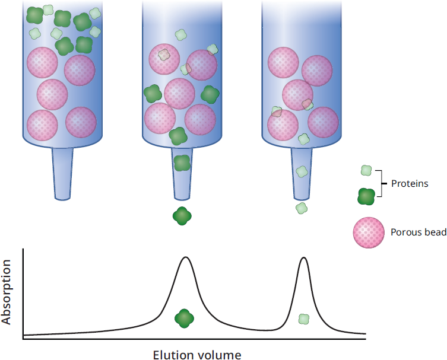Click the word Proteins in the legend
410,183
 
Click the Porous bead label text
419,232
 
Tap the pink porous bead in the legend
369,232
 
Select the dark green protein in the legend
366,196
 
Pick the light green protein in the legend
366,170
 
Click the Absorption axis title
6,292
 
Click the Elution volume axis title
197,355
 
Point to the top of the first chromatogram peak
186,257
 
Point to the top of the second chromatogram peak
303,257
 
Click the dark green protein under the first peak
184,318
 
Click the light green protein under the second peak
304,319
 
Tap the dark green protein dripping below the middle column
182,216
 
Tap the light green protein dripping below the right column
302,208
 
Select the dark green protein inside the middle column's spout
182,163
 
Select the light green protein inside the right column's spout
302,172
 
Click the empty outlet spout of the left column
62,174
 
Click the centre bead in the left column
52,94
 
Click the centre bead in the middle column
180,94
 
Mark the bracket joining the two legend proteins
381,183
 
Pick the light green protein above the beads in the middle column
180,35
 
